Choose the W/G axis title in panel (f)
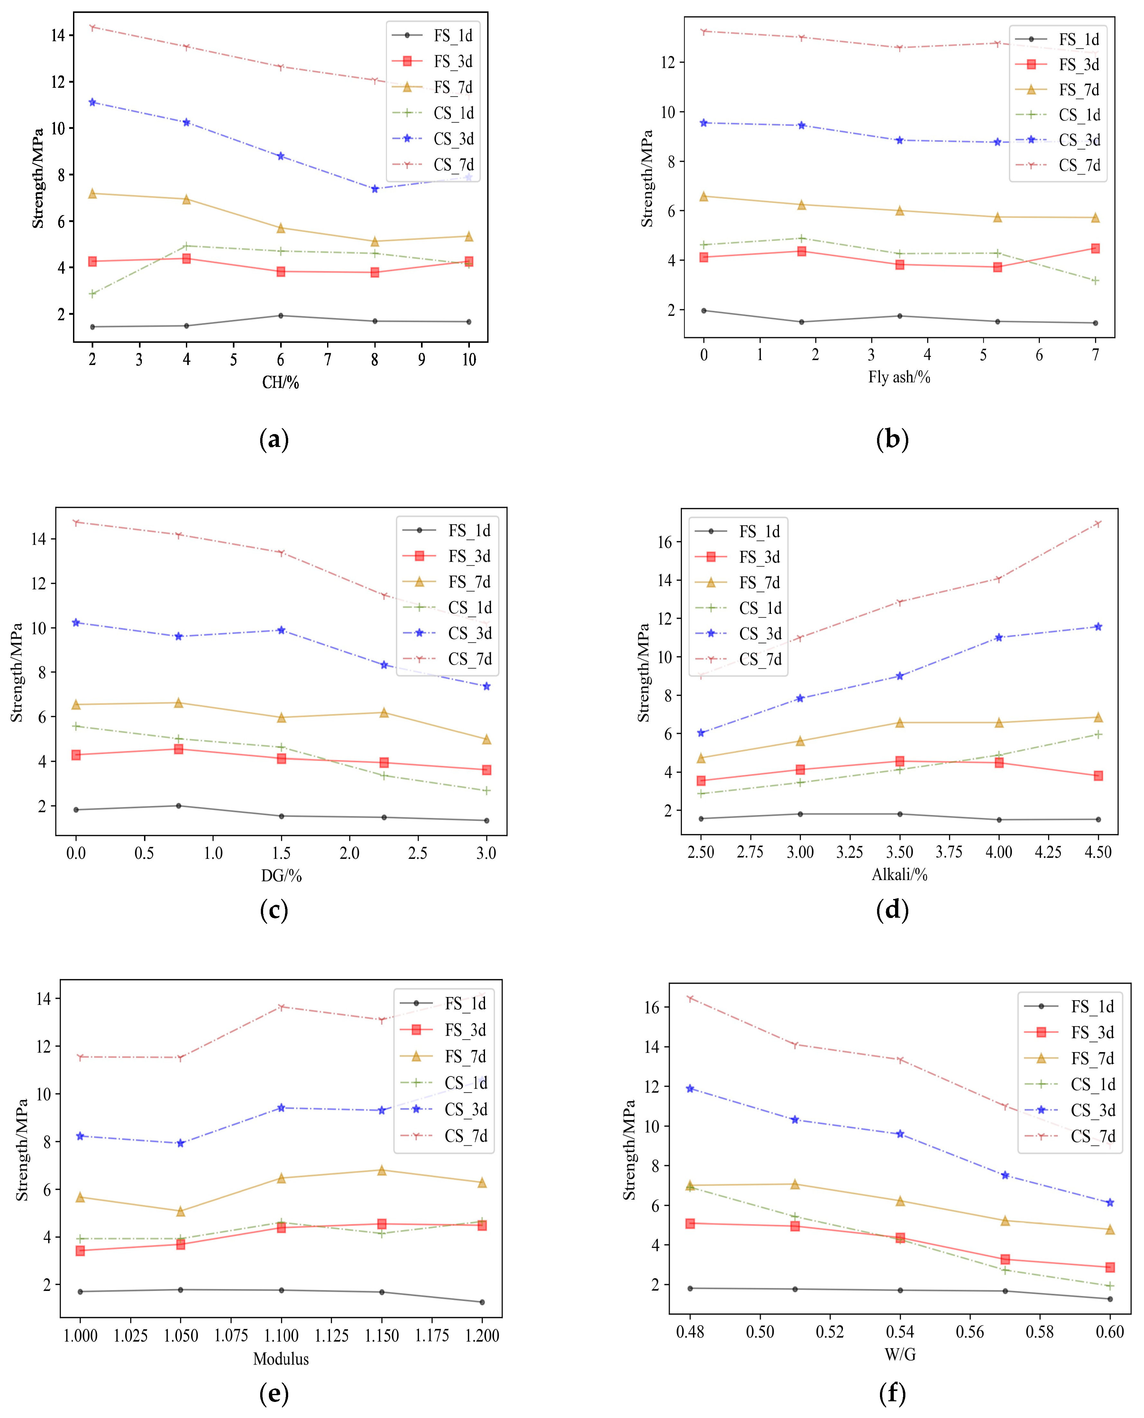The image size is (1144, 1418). pyautogui.click(x=900, y=1354)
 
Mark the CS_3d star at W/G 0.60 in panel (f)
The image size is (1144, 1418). pyautogui.click(x=1110, y=1203)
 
